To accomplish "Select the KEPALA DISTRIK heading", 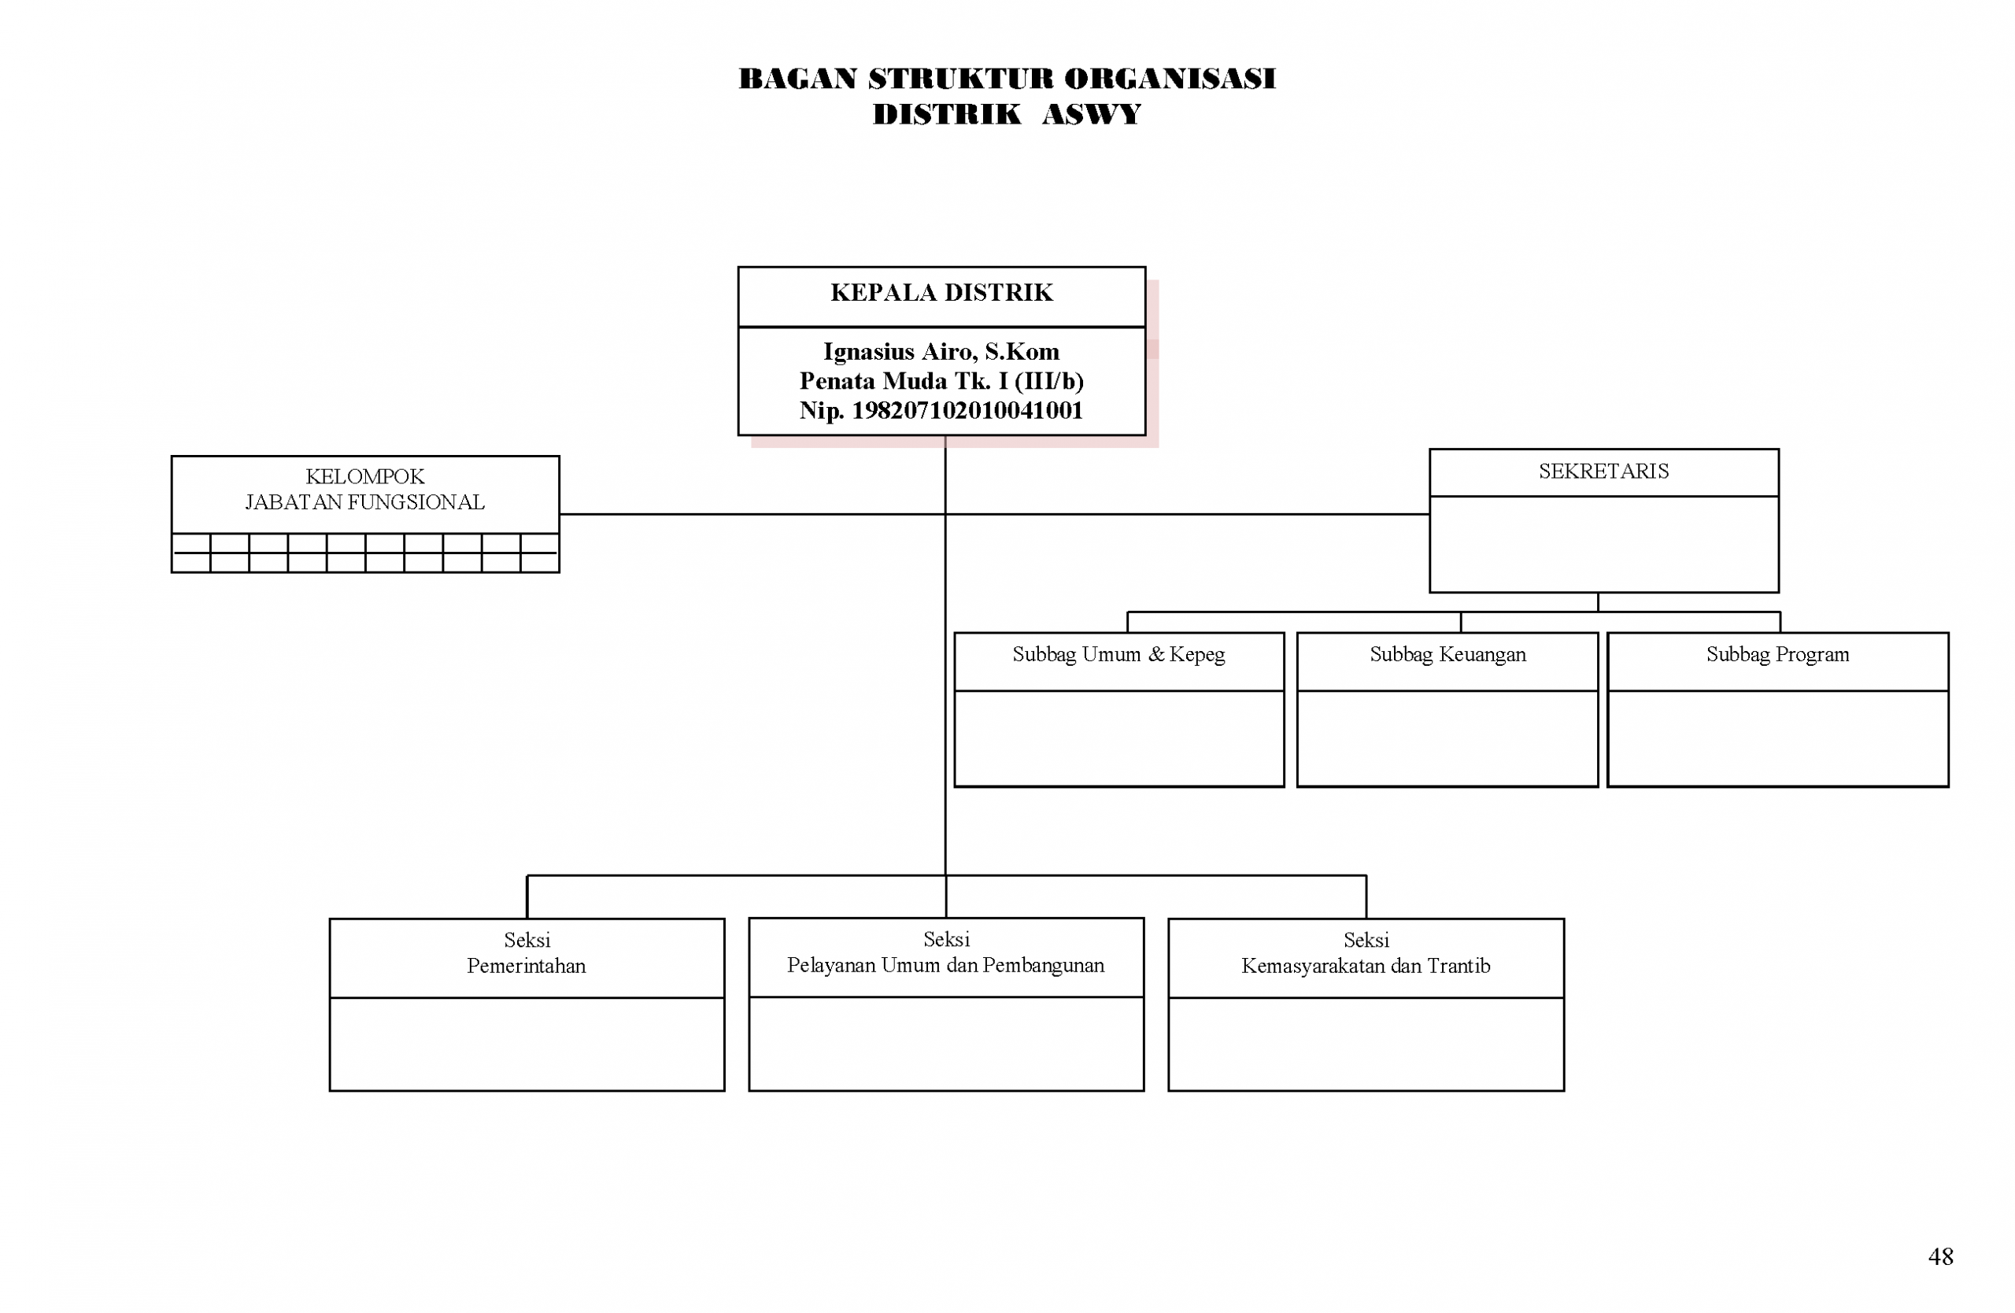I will point(941,293).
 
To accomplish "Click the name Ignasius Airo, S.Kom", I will point(941,351).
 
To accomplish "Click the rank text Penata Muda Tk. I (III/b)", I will point(941,381).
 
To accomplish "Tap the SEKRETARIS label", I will point(1603,472).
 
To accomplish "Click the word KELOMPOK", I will point(365,476).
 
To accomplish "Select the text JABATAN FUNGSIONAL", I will point(365,503).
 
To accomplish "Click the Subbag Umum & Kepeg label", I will point(1118,654).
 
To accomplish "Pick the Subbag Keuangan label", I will point(1447,654).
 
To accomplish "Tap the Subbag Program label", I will point(1777,654).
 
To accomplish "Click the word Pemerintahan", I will point(527,966).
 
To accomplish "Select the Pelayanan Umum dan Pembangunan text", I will point(945,965).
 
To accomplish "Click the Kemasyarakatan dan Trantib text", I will point(1366,966).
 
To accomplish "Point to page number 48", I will point(1940,1256).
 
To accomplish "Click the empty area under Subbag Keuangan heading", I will point(1447,738).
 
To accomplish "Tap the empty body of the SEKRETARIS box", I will point(1603,545).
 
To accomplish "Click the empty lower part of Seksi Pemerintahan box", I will point(527,1044).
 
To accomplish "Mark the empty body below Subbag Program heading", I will point(1777,738).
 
